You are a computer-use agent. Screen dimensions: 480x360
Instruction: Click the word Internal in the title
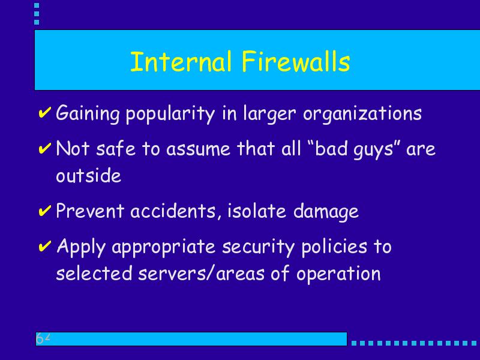[181, 62]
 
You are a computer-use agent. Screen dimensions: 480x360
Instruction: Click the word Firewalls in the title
[296, 62]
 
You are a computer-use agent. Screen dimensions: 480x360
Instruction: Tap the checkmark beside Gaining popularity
[44, 112]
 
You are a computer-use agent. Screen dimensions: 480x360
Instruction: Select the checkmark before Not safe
[44, 148]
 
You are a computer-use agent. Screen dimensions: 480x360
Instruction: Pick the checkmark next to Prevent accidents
[44, 211]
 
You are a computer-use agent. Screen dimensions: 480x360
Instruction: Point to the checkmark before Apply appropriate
[44, 246]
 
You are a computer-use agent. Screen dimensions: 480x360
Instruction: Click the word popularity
[170, 114]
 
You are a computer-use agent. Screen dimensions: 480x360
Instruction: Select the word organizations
[362, 114]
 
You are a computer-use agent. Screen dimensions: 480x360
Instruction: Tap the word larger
[269, 114]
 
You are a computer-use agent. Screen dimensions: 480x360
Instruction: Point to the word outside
[88, 175]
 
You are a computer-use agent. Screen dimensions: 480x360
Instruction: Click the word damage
[326, 212]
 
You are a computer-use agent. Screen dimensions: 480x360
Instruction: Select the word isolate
[257, 211]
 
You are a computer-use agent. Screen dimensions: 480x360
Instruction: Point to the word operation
[338, 274]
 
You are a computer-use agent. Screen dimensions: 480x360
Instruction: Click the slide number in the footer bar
[43, 338]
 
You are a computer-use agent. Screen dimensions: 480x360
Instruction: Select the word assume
[198, 149]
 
